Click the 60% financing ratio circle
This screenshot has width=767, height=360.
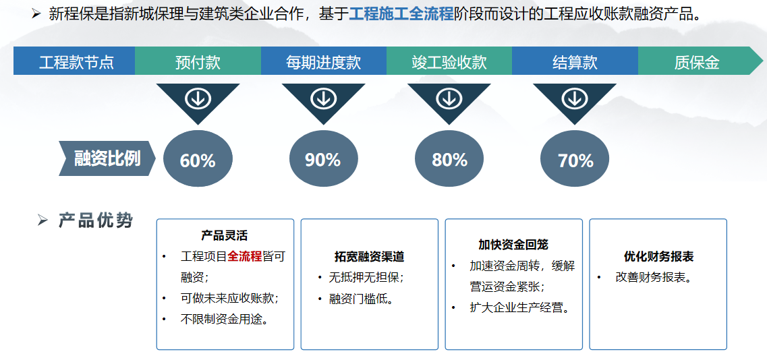click(198, 159)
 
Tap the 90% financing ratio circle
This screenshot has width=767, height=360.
click(323, 159)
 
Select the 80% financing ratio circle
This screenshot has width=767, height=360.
click(449, 159)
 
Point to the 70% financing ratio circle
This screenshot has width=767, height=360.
click(575, 160)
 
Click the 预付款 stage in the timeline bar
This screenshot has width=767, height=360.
click(198, 62)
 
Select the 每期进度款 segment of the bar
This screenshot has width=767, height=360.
click(323, 62)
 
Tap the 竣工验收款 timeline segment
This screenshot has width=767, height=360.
click(449, 62)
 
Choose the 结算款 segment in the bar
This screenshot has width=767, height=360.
click(575, 62)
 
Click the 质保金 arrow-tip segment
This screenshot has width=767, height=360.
click(697, 62)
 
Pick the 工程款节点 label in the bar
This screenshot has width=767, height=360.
click(76, 62)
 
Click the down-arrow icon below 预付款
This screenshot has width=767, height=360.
click(198, 99)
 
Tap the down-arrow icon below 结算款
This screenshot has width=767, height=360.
click(575, 99)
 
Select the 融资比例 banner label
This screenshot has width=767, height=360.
click(107, 158)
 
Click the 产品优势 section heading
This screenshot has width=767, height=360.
click(96, 220)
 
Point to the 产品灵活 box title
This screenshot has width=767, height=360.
click(225, 235)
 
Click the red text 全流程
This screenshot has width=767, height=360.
click(244, 256)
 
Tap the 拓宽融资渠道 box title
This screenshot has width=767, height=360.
click(369, 257)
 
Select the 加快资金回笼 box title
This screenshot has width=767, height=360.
click(513, 244)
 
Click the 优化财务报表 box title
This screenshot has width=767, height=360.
click(658, 257)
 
